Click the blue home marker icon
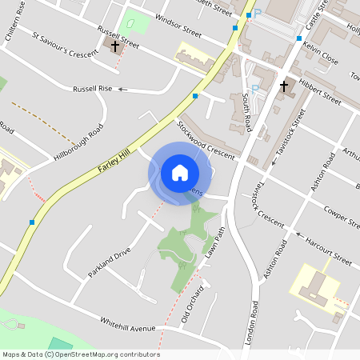coord(180,173)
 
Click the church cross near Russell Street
coord(115,46)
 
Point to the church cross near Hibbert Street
coord(283,86)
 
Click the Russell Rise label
coord(93,89)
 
